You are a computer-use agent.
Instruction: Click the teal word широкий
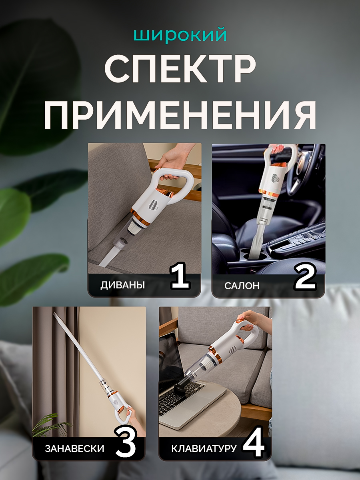180,35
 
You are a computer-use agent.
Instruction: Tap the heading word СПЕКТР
180,68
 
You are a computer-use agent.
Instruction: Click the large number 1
180,276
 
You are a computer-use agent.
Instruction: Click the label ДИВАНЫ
123,285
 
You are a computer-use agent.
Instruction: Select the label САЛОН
242,286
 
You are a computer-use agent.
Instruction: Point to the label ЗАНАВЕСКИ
74,448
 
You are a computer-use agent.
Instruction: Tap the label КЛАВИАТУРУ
204,448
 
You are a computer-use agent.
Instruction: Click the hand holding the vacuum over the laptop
258,322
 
